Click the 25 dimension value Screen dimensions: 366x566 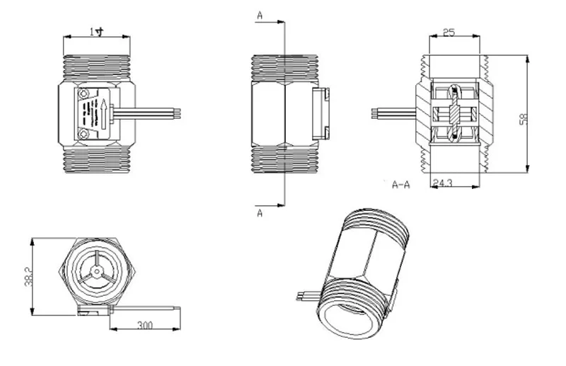pos(449,33)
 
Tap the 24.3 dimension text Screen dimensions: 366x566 pos(442,184)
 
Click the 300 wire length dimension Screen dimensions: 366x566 pos(144,325)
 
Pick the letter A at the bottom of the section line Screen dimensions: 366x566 pos(260,213)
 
